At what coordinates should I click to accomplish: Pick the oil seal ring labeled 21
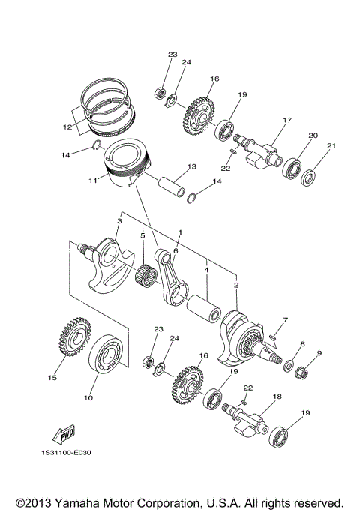point(309,178)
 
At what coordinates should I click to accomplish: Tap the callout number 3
point(118,221)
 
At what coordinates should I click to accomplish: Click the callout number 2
point(236,286)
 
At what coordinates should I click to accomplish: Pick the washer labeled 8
point(288,366)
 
